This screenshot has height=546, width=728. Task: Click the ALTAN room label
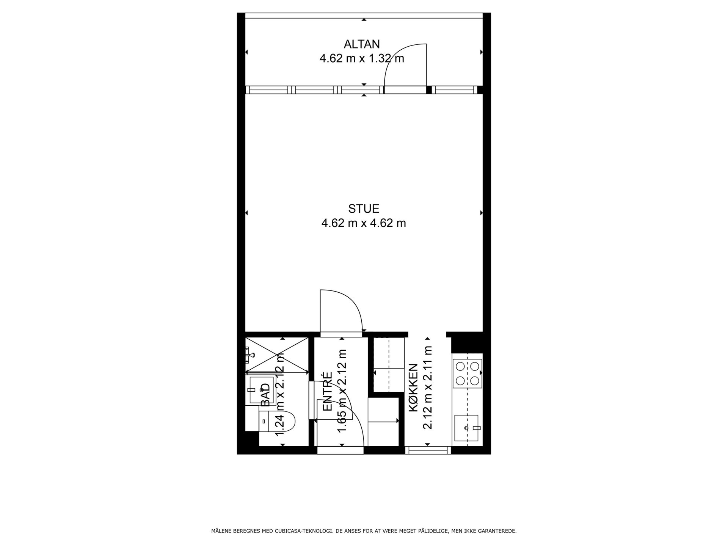pos(361,44)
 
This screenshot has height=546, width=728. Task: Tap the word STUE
pos(364,209)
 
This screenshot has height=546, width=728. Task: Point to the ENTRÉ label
pos(327,392)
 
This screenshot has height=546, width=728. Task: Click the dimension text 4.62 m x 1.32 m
pos(362,59)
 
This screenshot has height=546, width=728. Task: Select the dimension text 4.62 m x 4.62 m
pos(364,223)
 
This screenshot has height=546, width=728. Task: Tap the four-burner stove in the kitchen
pos(467,373)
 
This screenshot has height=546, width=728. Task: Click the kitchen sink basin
pos(466,428)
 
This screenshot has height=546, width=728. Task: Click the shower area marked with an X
pos(276,355)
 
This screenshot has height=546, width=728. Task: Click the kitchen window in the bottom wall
pos(428,450)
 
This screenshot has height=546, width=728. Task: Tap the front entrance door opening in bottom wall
pos(340,450)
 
